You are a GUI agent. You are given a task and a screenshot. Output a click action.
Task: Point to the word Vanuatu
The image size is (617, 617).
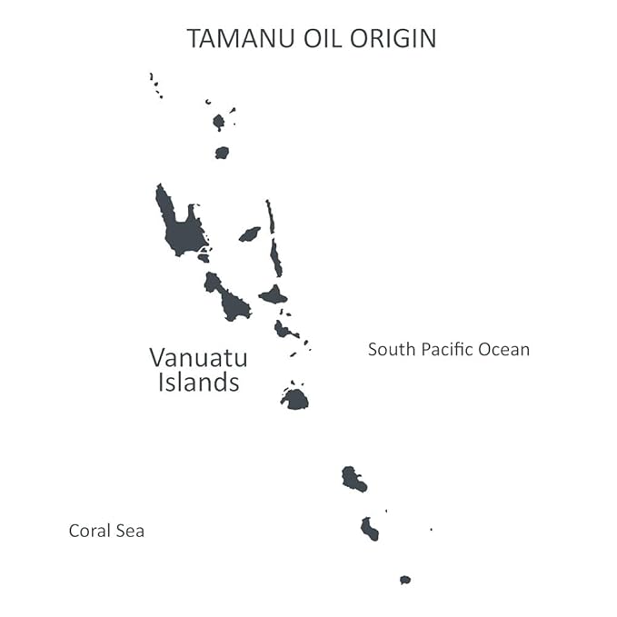tap(198, 357)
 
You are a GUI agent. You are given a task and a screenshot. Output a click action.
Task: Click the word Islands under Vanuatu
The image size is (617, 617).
tap(198, 383)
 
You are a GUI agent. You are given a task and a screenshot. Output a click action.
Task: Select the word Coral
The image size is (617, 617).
tap(90, 531)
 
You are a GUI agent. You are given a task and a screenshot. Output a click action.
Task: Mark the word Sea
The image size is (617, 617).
tap(129, 531)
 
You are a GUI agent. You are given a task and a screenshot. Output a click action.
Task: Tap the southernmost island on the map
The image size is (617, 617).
tap(405, 580)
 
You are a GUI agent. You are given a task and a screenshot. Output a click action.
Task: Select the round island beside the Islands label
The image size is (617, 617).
tap(294, 398)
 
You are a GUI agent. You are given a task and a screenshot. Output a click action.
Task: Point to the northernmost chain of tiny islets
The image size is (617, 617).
tap(155, 85)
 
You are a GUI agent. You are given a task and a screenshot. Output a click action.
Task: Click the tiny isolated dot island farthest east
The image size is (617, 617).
tap(431, 529)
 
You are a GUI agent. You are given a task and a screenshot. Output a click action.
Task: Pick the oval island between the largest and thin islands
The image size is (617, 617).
tap(249, 234)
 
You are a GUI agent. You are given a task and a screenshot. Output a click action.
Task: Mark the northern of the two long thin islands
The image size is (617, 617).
tap(270, 216)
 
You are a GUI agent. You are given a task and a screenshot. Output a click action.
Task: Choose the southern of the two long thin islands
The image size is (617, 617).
tap(275, 259)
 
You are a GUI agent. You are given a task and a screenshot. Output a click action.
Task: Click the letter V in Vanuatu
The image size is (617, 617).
tap(158, 357)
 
